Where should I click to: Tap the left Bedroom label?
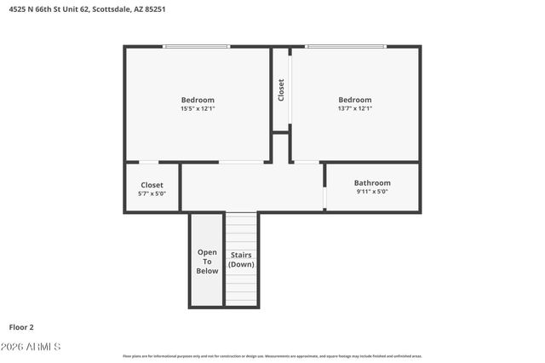198,100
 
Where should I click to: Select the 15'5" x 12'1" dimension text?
198,109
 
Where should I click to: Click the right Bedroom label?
354,100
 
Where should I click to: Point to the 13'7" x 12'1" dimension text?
354,109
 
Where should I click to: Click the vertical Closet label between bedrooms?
281,90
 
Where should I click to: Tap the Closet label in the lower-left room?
152,185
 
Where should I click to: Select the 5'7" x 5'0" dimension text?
152,193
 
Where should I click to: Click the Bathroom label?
372,183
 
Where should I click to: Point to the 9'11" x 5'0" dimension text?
372,192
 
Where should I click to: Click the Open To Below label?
207,262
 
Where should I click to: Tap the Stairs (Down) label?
241,260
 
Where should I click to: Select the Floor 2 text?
21,326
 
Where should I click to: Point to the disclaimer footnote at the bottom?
272,356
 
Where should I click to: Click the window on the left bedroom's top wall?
197,47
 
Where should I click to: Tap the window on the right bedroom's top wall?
345,47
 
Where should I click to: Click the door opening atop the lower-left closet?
148,162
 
